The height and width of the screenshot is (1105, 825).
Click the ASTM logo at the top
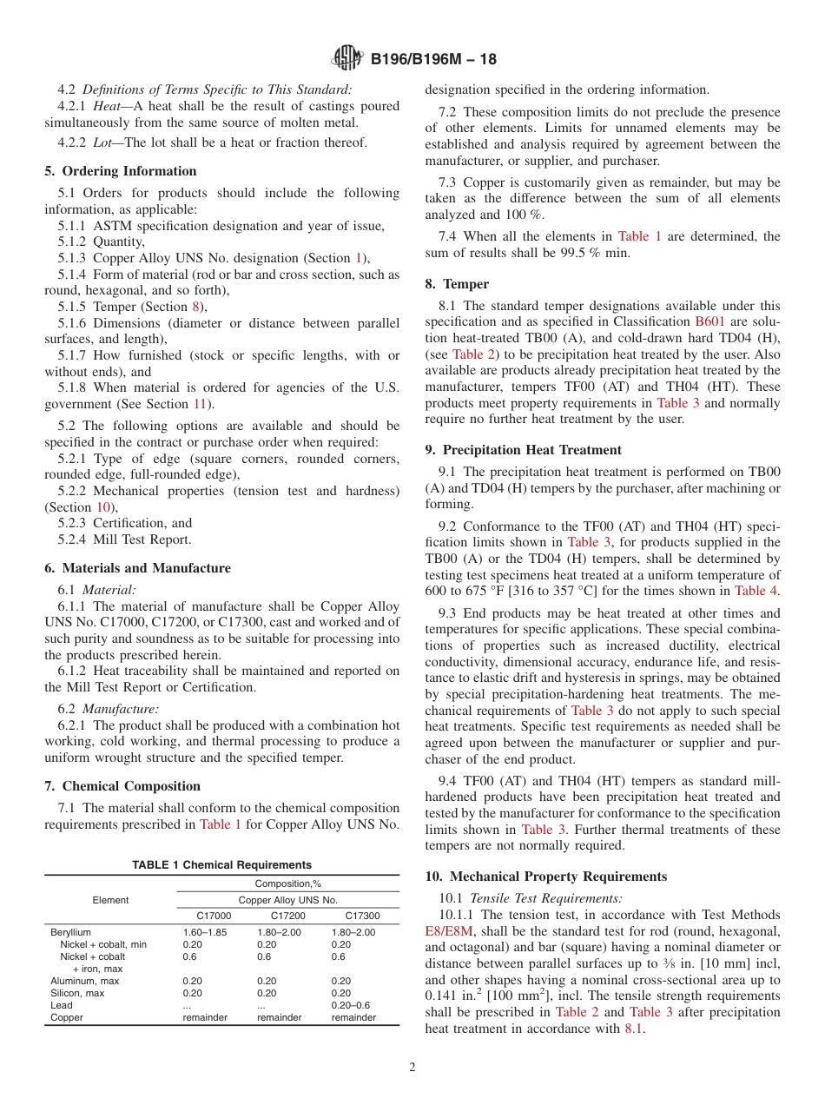(x=347, y=59)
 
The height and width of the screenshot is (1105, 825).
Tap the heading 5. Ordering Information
(x=121, y=171)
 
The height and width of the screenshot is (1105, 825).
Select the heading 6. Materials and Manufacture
(x=137, y=568)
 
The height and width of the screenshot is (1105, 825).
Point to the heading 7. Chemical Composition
(x=122, y=786)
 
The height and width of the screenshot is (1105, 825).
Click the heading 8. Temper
(x=457, y=284)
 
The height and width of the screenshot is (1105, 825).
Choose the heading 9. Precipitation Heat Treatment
(x=524, y=450)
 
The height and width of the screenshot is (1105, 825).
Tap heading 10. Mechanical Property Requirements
(x=546, y=877)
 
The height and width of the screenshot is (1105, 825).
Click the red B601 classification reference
(x=711, y=322)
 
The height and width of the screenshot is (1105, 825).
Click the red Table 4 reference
(x=756, y=591)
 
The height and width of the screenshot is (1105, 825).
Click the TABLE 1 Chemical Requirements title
(x=221, y=865)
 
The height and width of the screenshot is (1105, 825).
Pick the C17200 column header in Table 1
(x=287, y=916)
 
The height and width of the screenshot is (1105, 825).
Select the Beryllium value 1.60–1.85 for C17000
(x=206, y=932)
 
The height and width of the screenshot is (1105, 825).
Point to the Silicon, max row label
(x=84, y=993)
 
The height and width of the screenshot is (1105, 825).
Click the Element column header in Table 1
(x=110, y=900)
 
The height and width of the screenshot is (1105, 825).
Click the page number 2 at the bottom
(x=412, y=1068)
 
